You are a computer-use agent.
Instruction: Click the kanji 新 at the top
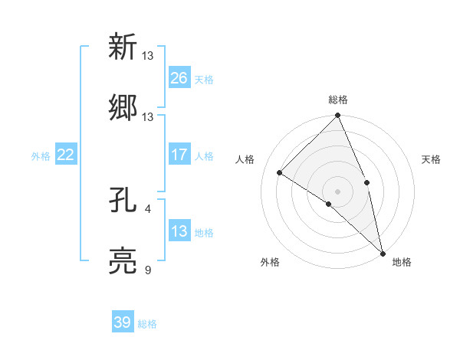[x=123, y=47]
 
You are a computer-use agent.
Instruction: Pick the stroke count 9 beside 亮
[x=148, y=270]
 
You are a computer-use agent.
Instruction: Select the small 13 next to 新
[x=148, y=55]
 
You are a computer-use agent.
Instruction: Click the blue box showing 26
[x=179, y=78]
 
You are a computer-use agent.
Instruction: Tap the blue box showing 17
[x=179, y=155]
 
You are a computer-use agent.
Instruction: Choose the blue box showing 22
[x=66, y=155]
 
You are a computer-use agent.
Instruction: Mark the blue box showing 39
[x=123, y=322]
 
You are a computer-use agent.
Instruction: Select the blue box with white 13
[x=179, y=231]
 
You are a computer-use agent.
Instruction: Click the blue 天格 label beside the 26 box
[x=204, y=79]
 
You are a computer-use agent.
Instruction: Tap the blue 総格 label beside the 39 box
[x=147, y=323]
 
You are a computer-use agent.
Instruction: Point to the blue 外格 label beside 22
[x=41, y=155]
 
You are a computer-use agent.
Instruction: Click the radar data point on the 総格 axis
[x=337, y=116]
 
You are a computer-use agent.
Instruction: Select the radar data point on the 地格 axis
[x=382, y=252]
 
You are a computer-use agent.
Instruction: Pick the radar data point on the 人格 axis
[x=280, y=172]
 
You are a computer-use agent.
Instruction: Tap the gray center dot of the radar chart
[x=337, y=191]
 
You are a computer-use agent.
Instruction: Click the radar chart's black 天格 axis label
[x=431, y=159]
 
